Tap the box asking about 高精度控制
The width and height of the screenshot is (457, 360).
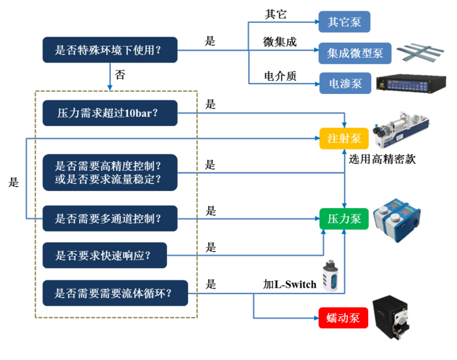(x=109, y=172)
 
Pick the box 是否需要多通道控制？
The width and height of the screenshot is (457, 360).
(x=109, y=218)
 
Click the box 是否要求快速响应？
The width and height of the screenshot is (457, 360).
(x=104, y=255)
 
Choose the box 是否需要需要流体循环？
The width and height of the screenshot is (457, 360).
(x=114, y=293)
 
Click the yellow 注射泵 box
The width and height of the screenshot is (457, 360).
(x=343, y=138)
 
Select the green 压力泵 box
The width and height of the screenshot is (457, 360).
(x=343, y=218)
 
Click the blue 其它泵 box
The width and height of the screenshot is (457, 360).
(x=344, y=22)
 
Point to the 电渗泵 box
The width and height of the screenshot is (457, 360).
(x=343, y=83)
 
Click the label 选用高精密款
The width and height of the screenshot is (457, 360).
(x=382, y=158)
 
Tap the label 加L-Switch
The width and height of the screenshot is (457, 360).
(x=289, y=284)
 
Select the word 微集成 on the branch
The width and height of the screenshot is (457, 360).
(x=279, y=42)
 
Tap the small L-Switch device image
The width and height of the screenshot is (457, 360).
(x=330, y=277)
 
